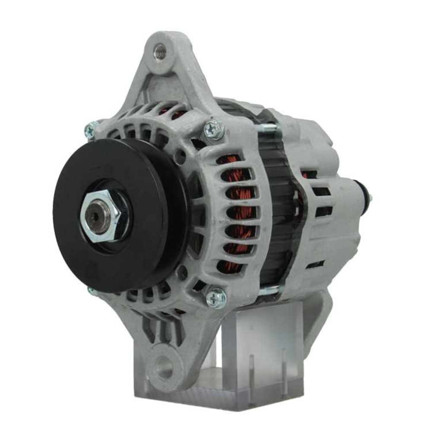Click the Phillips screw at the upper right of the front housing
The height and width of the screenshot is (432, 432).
tap(214, 128)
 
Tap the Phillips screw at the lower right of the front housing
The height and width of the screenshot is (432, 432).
tap(216, 297)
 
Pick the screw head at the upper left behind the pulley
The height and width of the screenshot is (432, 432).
tap(90, 130)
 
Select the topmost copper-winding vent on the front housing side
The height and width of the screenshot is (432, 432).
tap(233, 160)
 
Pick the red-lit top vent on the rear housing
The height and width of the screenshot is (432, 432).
tap(308, 174)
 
